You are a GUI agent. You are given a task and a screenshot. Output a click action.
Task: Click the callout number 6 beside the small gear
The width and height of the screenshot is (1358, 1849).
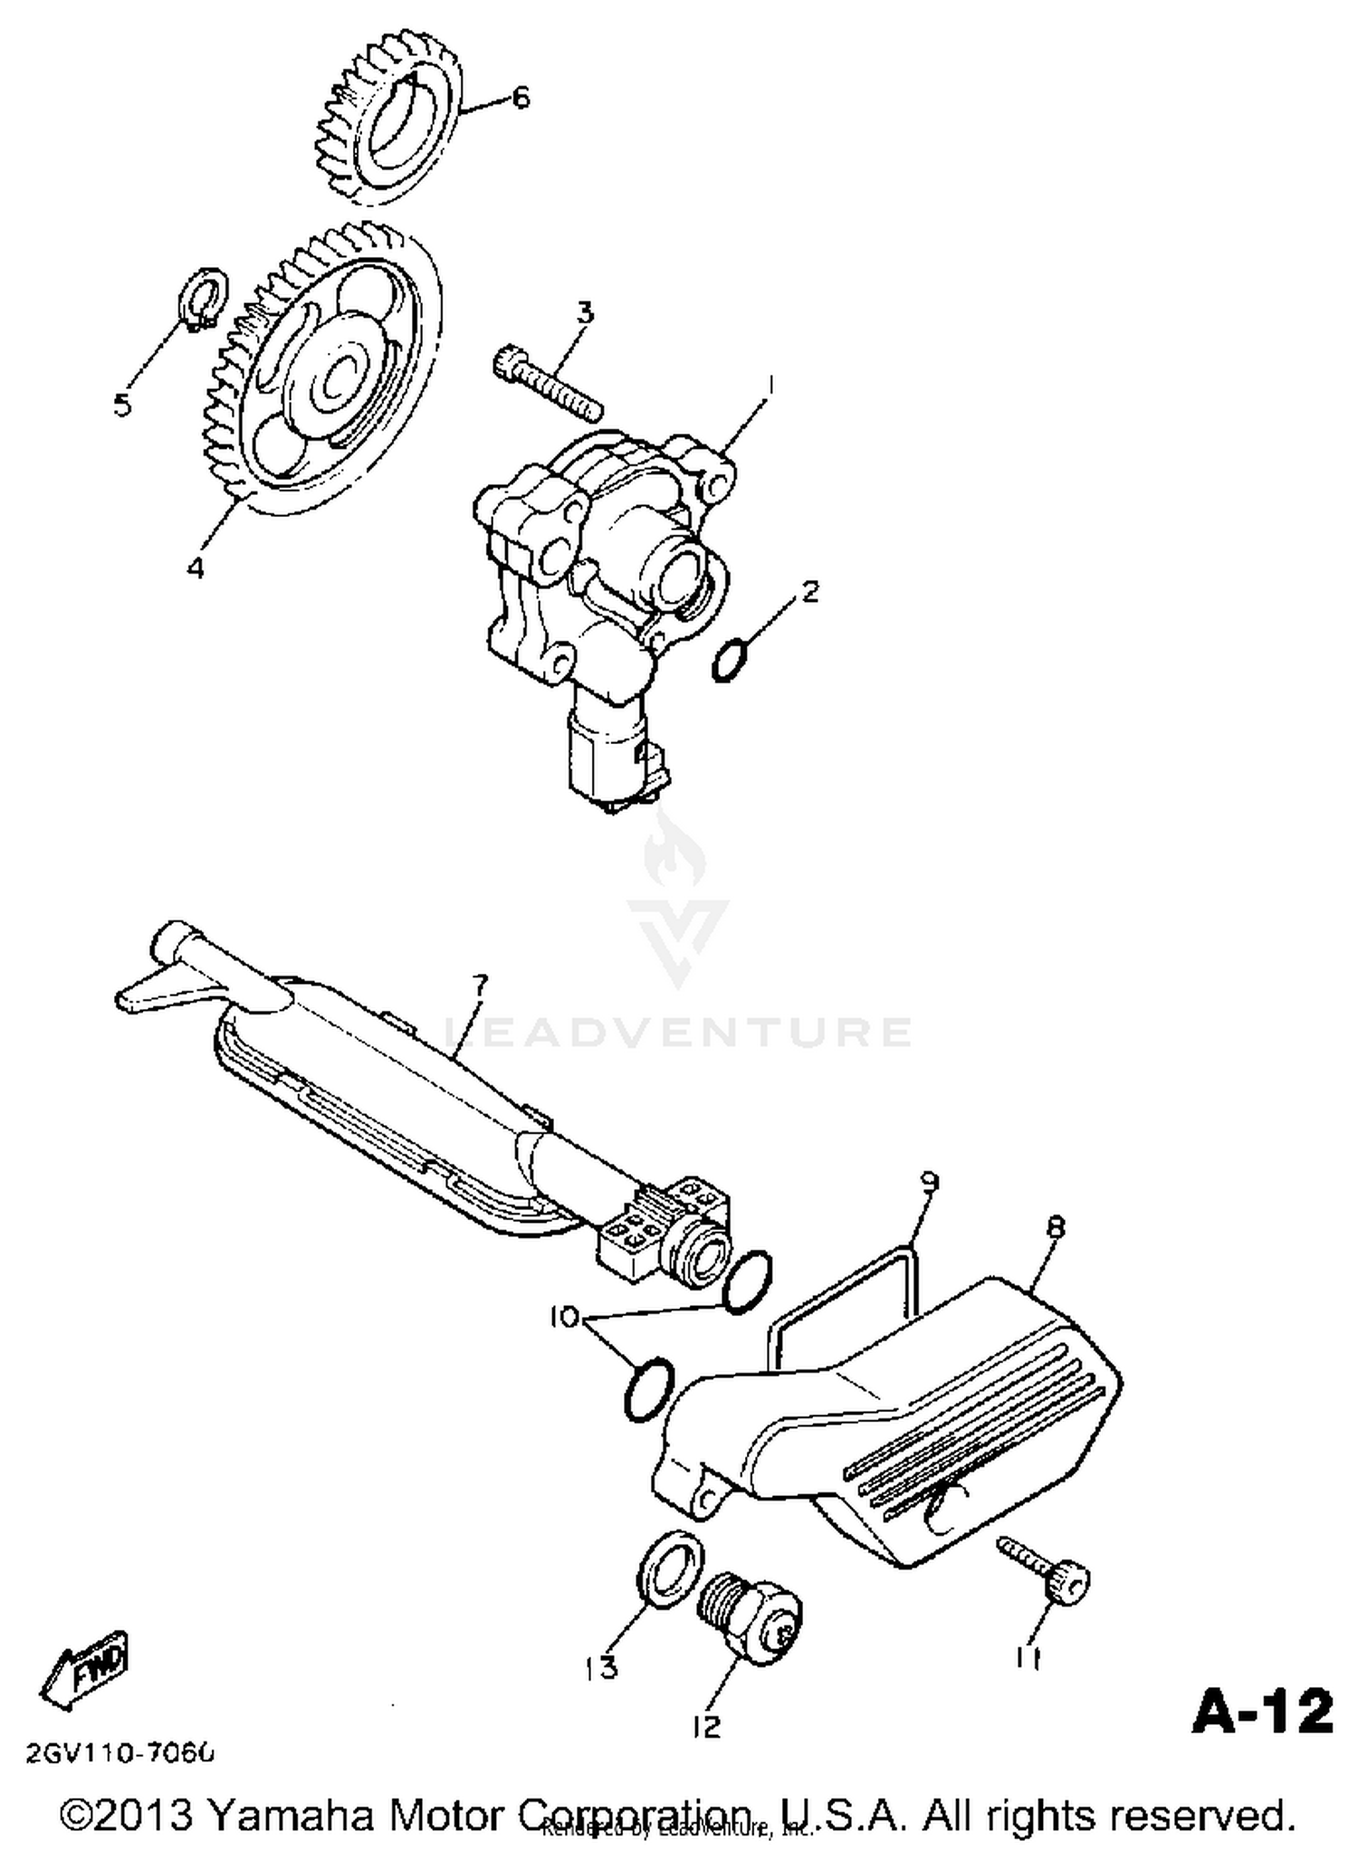point(521,98)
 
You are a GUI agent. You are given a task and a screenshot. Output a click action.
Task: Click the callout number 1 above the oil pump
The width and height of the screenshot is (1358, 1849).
point(770,387)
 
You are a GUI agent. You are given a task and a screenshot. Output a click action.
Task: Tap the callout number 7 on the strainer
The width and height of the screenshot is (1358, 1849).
point(479,986)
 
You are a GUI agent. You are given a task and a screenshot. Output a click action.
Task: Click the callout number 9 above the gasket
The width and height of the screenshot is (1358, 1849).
point(929,1182)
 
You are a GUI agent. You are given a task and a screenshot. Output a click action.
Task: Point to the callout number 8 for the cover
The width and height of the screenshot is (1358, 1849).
point(1055,1227)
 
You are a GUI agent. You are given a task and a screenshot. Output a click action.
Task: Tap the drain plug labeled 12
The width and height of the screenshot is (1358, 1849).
point(752,1624)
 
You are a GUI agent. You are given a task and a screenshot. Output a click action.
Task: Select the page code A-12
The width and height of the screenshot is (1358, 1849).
point(1263,1712)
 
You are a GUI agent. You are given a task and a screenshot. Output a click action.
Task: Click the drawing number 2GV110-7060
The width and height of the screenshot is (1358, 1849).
point(120,1754)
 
